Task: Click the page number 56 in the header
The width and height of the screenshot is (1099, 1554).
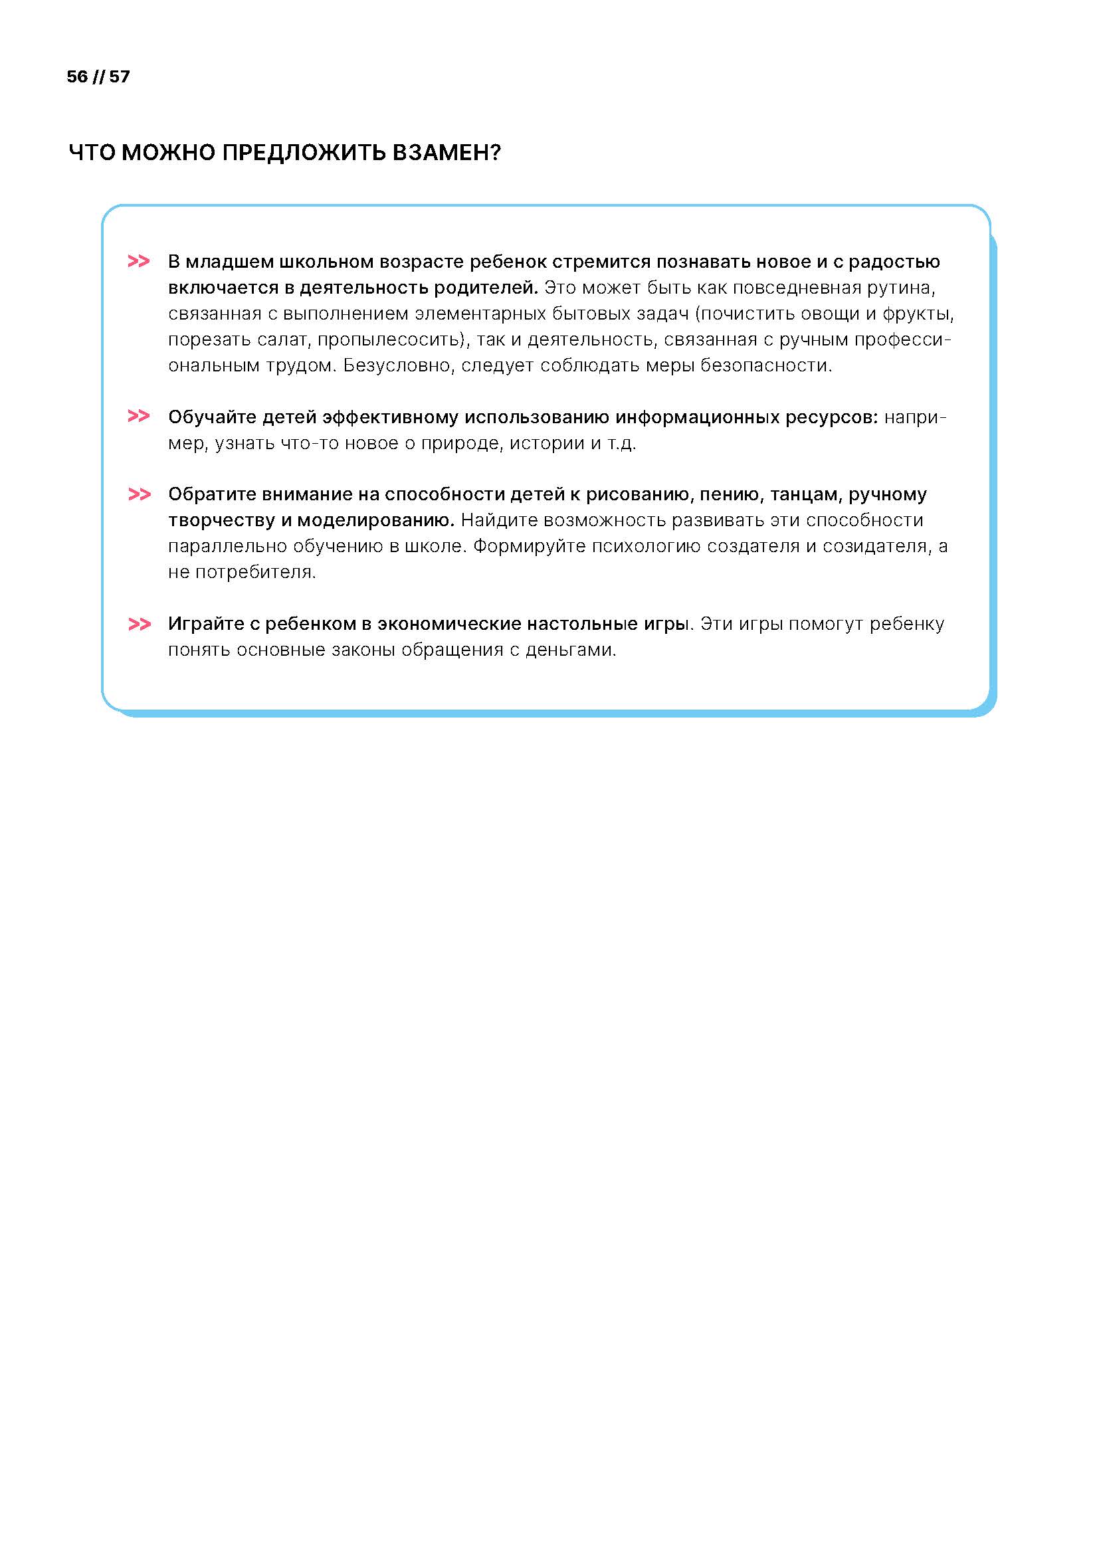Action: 77,76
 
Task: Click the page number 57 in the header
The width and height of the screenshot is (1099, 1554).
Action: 119,76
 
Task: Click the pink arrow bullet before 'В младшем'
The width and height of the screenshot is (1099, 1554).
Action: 139,261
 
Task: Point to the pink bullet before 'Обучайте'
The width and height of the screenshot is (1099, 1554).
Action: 139,417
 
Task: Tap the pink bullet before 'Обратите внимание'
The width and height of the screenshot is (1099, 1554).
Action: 139,494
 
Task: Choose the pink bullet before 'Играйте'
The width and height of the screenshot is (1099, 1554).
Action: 139,623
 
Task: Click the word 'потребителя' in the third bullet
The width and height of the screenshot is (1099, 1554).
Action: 255,572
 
